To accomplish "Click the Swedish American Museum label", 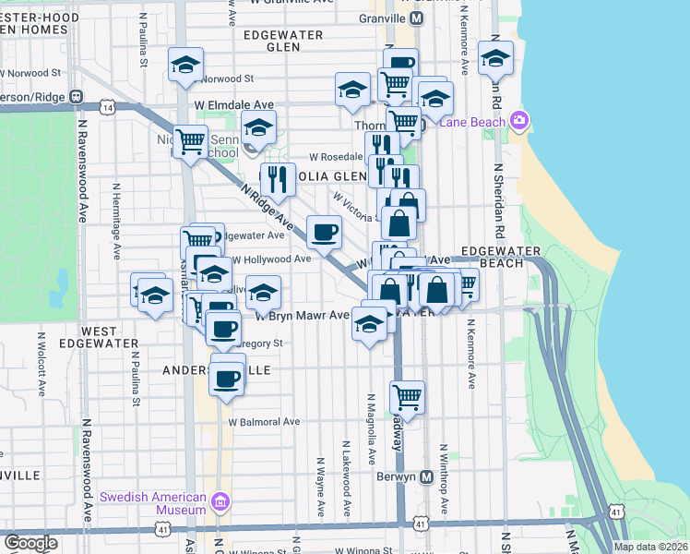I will tap(155, 502).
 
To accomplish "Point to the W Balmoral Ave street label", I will tap(265, 422).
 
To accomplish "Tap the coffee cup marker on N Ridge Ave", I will tap(324, 233).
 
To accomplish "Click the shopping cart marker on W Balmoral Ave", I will tap(407, 398).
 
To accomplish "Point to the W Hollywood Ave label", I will tap(270, 259).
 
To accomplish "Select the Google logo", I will tap(31, 543).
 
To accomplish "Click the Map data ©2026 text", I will tap(650, 547).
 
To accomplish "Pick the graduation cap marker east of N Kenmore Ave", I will tap(495, 60).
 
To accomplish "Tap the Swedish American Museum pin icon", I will tap(220, 502).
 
